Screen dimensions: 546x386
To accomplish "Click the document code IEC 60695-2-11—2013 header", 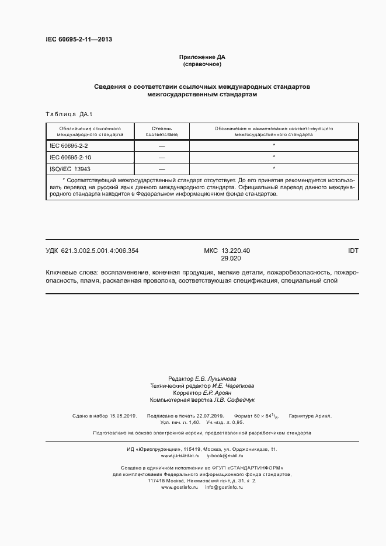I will coord(79,40).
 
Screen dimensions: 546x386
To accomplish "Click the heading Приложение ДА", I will coord(202,57).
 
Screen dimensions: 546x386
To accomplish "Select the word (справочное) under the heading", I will coord(202,64).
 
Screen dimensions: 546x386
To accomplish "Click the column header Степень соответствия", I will coord(162,130).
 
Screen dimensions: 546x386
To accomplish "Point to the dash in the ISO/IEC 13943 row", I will coord(162,169).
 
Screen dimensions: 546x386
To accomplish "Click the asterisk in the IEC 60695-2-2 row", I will coord(274,145).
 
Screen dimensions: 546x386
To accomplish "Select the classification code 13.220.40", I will coord(235,251).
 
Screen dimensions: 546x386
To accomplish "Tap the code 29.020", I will coord(231,258).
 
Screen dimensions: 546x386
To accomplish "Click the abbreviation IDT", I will coord(353,251).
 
